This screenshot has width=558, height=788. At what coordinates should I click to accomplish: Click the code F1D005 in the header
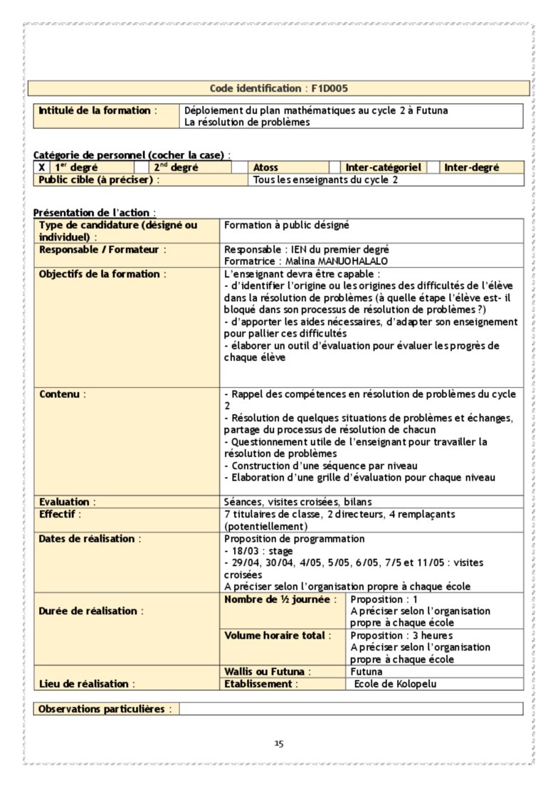click(330, 88)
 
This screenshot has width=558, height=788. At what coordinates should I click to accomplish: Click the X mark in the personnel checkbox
click(42, 167)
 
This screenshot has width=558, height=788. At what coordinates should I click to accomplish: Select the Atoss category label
click(265, 167)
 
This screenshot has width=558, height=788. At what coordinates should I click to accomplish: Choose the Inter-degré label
click(471, 167)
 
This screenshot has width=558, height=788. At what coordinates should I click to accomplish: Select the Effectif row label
click(60, 513)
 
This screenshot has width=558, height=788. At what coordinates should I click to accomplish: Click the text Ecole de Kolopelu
click(395, 684)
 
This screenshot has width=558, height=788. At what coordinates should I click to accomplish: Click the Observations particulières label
click(104, 709)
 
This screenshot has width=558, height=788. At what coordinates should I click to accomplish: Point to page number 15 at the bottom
click(279, 744)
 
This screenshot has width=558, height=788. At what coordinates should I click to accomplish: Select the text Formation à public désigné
click(286, 225)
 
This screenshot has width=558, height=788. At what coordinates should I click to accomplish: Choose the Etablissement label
click(260, 684)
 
